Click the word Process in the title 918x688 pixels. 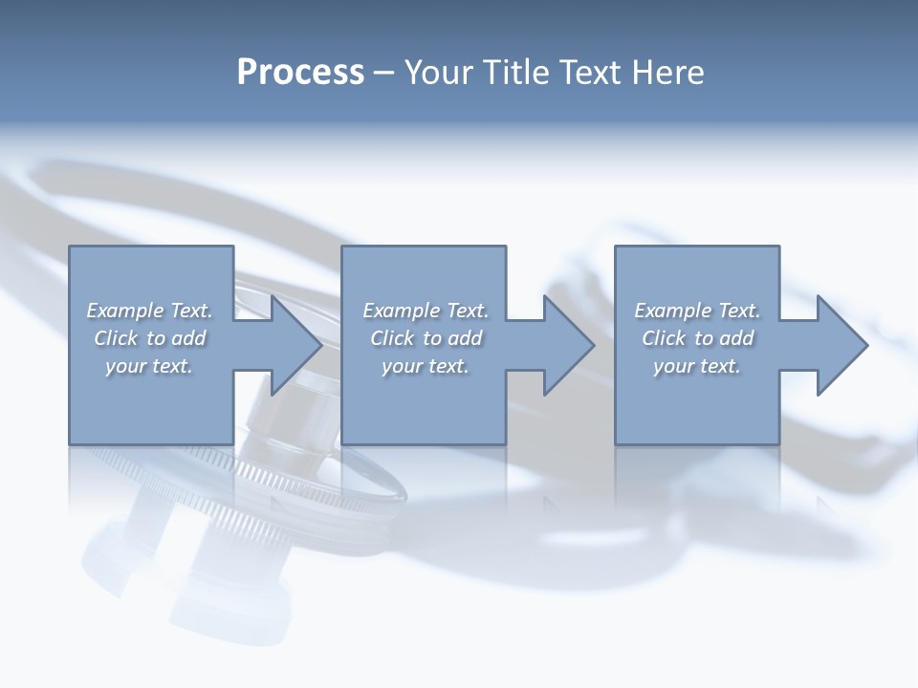pos(300,72)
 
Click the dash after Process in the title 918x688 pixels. pos(384,74)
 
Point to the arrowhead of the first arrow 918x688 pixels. pos(297,345)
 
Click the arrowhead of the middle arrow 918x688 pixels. pos(570,345)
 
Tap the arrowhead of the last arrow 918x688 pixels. pos(842,345)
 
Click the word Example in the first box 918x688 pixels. pos(124,311)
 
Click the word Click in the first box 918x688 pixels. pos(116,338)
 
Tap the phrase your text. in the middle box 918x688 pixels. pos(425,366)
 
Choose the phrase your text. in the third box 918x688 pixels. pos(696,366)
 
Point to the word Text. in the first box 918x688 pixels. pos(190,311)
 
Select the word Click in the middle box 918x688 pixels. pos(392,338)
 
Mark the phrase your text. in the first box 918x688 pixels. pos(148,366)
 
